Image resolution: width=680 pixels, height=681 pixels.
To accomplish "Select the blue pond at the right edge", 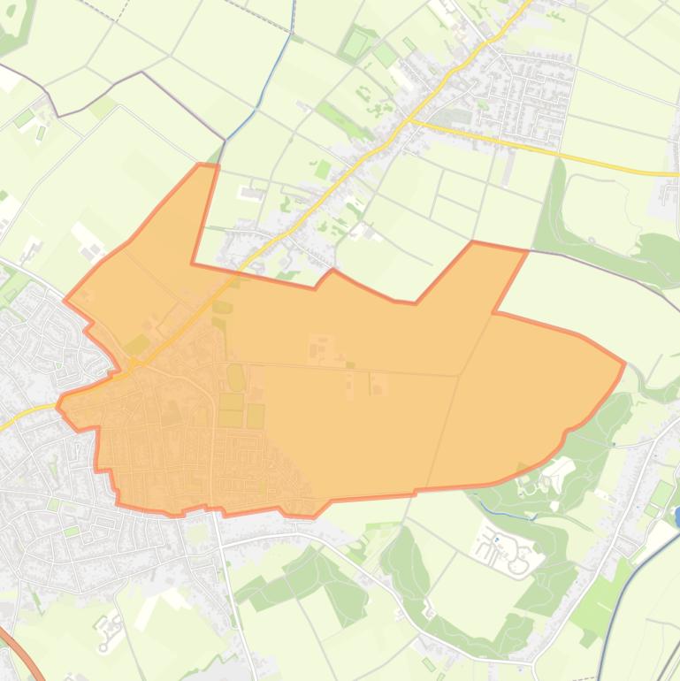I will pyautogui.click(x=677, y=516).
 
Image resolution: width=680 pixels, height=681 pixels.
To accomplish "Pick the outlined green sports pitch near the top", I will pyautogui.click(x=355, y=42).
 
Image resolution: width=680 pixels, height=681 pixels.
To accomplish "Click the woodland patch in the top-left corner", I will pyautogui.click(x=12, y=27).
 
